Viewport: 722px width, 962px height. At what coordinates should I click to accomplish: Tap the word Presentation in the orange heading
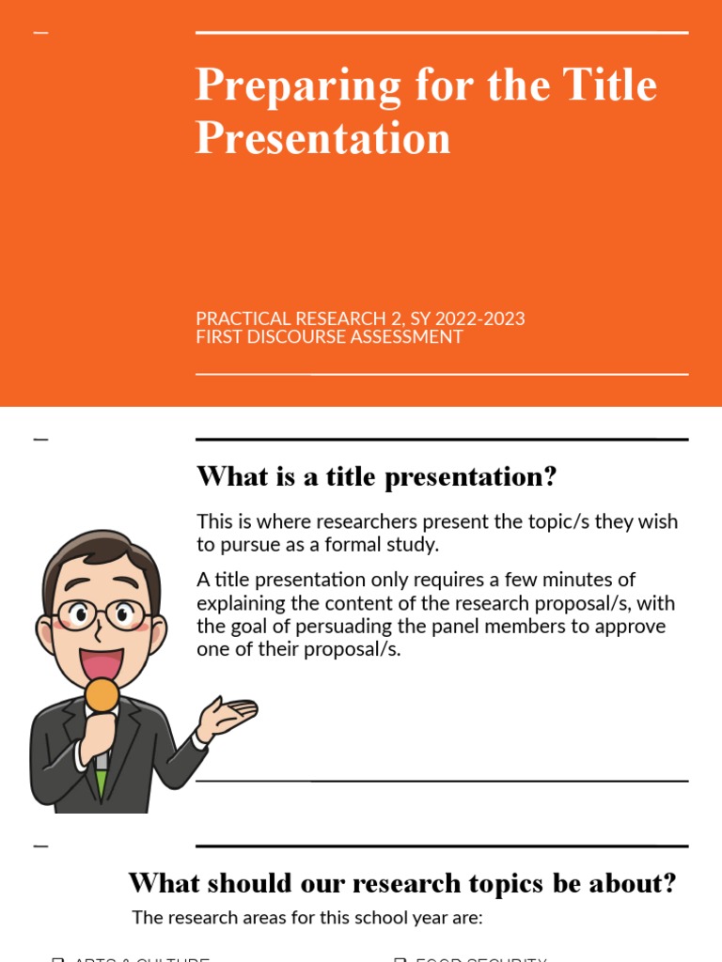coord(322,138)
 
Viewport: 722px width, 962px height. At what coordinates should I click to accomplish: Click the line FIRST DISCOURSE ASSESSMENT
coord(329,336)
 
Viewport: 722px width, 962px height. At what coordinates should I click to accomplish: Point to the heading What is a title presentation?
coord(376,476)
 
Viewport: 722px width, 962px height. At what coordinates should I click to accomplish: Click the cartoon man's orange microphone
coord(102,696)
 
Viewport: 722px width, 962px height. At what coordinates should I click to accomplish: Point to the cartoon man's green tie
coord(101,780)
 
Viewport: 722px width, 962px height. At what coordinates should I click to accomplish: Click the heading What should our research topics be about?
coord(402,883)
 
